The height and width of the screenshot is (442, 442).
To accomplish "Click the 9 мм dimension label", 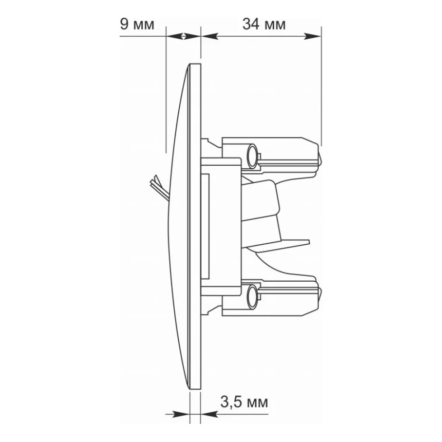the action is point(137,24).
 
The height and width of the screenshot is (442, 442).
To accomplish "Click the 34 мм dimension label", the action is point(264,24).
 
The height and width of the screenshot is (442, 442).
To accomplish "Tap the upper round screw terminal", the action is point(252,156).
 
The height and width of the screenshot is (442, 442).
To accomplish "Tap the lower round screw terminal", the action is point(252,296).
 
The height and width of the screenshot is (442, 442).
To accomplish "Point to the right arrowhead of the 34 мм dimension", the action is point(312,36).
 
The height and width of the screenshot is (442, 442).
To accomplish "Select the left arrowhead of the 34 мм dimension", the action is point(209,36).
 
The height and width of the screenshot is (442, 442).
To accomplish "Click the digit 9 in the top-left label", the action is point(124,24).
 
